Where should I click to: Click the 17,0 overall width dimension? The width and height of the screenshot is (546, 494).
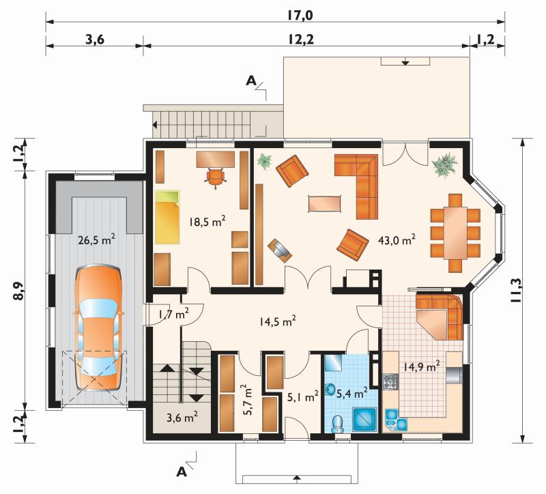click(300, 15)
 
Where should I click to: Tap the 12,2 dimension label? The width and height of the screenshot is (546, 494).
click(301, 40)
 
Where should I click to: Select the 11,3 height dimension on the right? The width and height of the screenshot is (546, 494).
click(517, 290)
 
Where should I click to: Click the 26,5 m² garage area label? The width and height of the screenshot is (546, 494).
click(96, 239)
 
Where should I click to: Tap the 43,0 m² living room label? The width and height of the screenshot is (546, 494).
click(397, 239)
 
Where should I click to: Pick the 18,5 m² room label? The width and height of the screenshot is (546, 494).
click(207, 221)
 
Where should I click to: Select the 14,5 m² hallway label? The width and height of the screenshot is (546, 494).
click(278, 321)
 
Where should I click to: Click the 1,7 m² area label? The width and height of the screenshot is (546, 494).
click(174, 314)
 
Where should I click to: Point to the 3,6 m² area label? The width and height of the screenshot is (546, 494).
click(182, 417)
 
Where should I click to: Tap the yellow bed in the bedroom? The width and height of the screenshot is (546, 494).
click(167, 217)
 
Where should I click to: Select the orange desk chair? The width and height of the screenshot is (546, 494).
click(215, 177)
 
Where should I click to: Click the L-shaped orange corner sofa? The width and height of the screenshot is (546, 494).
click(362, 181)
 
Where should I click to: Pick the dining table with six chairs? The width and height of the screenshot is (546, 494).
click(455, 233)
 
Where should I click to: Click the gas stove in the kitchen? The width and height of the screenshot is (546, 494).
click(390, 381)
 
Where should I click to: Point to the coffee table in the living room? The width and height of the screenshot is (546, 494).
click(325, 204)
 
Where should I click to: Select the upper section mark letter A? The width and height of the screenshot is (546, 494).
click(250, 81)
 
